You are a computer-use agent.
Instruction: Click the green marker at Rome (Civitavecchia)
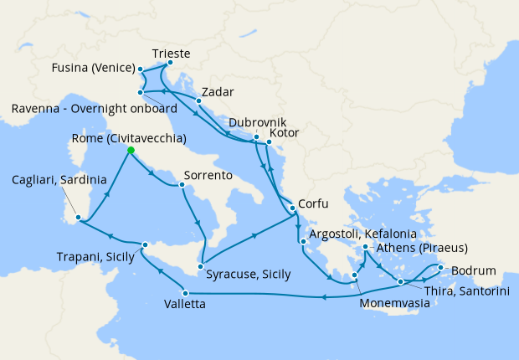coord(131,150)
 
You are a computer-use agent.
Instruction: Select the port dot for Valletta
coord(162,292)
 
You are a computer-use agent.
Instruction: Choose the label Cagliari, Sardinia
coord(59,180)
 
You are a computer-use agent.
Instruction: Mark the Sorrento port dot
coord(182,184)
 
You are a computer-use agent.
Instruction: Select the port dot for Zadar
coord(198,101)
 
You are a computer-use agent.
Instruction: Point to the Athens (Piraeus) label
coord(422,249)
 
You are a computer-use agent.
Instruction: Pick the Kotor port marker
coord(267,143)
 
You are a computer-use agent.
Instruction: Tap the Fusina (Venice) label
coord(92,68)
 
